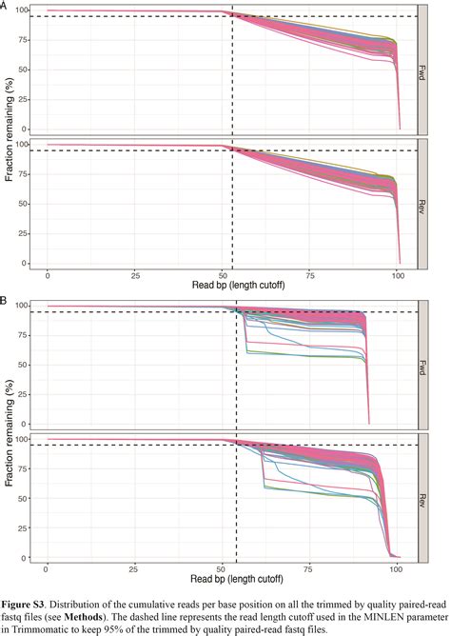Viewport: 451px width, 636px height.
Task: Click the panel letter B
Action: pos(5,300)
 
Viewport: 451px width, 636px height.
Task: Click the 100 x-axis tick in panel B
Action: pos(398,568)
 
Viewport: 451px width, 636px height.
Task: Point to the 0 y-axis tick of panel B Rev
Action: pos(34,557)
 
